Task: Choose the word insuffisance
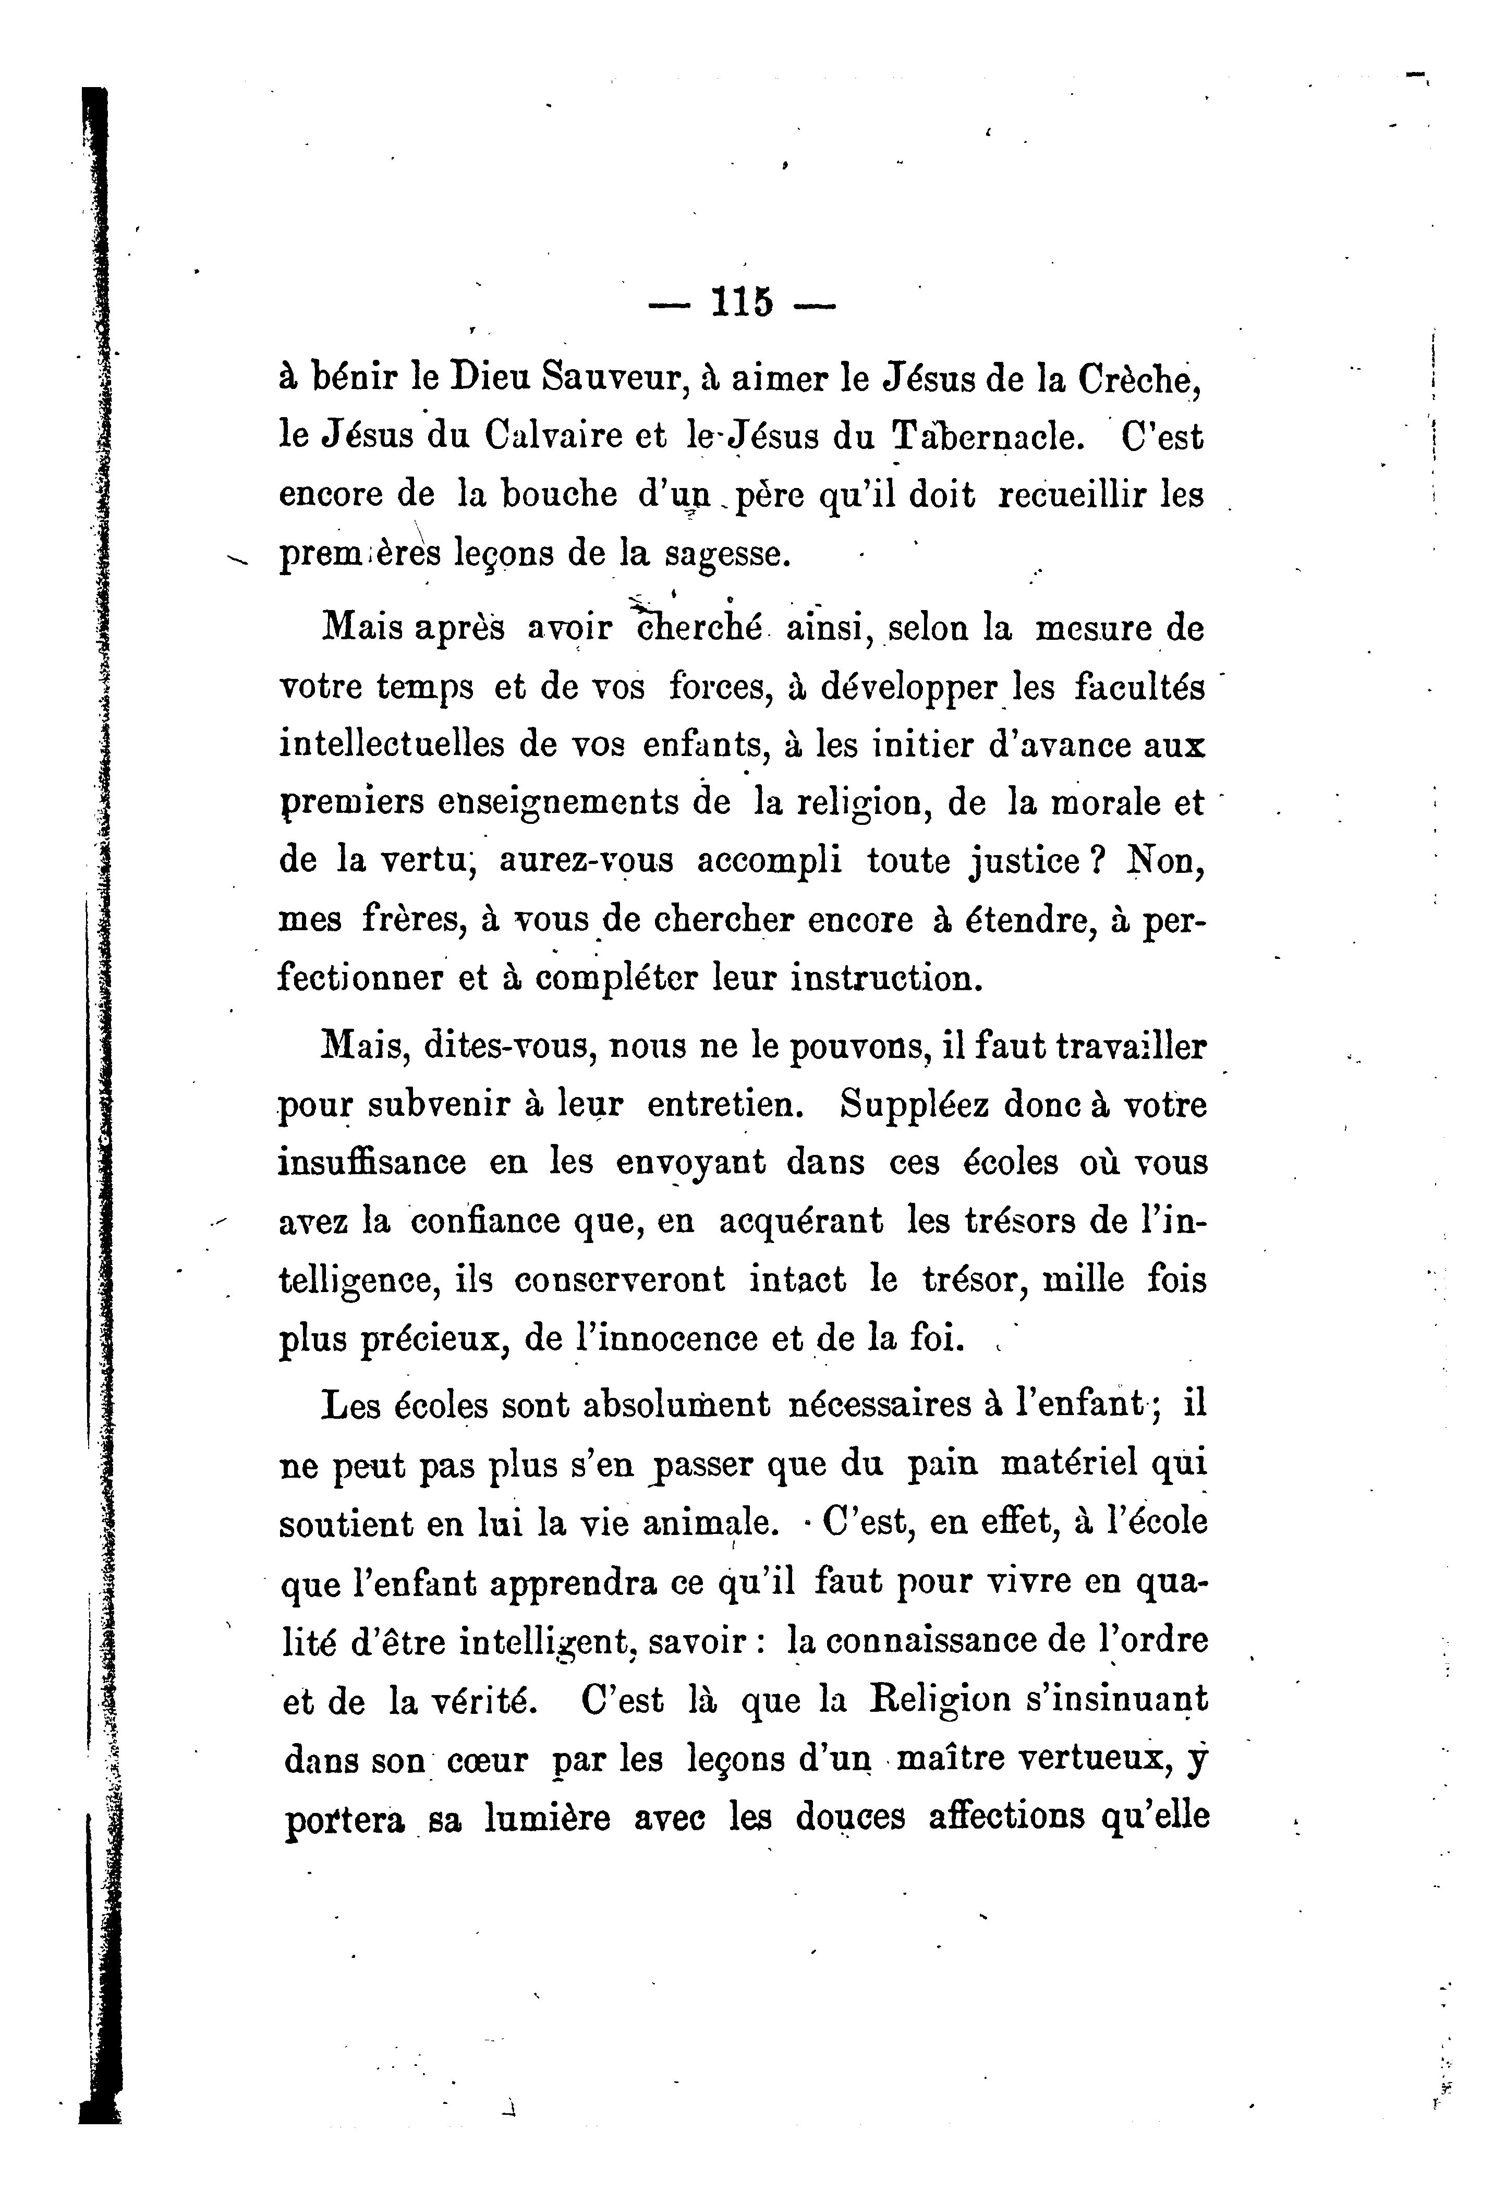tap(372, 1163)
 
